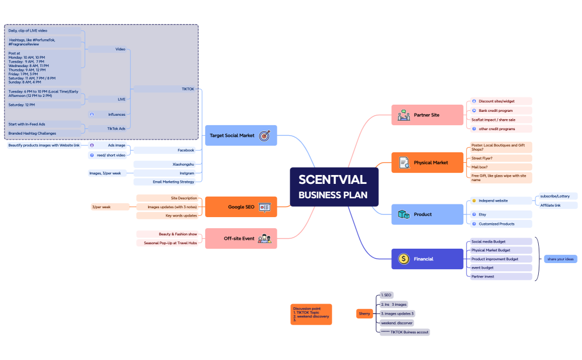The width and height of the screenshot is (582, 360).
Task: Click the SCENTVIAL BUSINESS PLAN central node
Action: point(334,187)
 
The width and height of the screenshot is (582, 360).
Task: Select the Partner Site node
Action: point(427,115)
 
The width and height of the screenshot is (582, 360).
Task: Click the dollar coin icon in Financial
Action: point(404,259)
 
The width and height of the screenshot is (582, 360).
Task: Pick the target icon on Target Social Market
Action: point(264,135)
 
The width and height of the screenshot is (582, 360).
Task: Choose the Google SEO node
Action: point(241,207)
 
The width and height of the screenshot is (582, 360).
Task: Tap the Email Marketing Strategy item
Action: point(173,182)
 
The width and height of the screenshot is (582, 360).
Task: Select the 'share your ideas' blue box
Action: point(560,259)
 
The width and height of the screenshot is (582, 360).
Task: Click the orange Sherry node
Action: point(364,314)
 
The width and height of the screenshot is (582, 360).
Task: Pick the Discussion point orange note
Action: point(311,314)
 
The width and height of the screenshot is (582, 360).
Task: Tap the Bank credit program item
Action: point(496,111)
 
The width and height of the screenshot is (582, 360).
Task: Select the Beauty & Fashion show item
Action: point(177,234)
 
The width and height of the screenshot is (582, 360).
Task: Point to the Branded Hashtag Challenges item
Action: point(32,133)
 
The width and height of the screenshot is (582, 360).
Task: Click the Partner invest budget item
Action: point(483,276)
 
